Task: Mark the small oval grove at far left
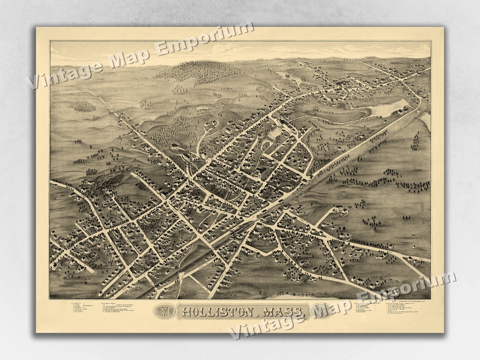(x=84, y=106)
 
